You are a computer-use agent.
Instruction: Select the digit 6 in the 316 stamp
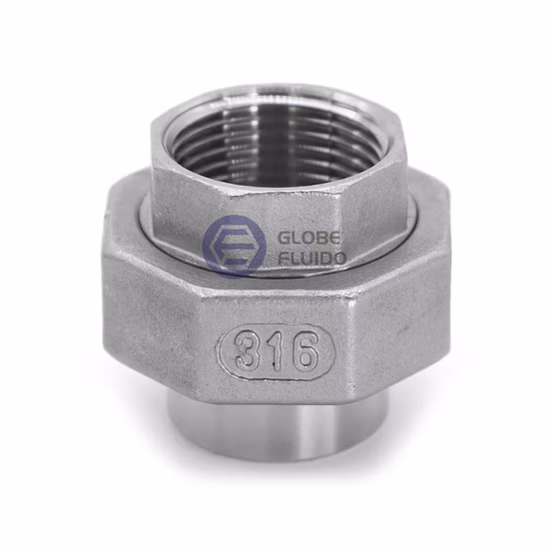(x=302, y=350)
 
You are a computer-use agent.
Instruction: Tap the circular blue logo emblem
(x=234, y=247)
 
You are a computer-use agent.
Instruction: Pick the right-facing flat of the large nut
(x=404, y=309)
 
